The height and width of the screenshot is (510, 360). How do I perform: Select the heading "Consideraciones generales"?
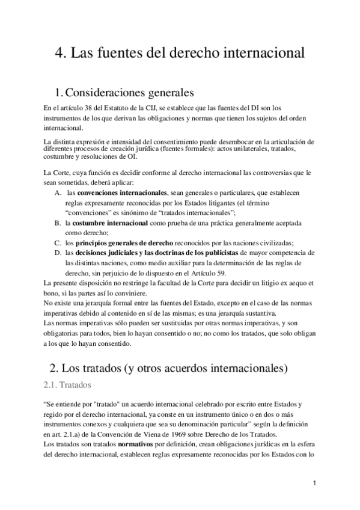click(129, 93)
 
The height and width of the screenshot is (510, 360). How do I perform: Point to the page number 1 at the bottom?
click(314, 483)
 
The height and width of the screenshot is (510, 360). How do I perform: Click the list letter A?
click(57, 192)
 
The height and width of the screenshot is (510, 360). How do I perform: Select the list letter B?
click(57, 223)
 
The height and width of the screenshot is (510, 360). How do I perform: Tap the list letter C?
click(57, 243)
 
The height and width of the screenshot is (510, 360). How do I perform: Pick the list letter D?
click(57, 253)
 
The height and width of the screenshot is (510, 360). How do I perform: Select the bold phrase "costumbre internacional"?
click(112, 223)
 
